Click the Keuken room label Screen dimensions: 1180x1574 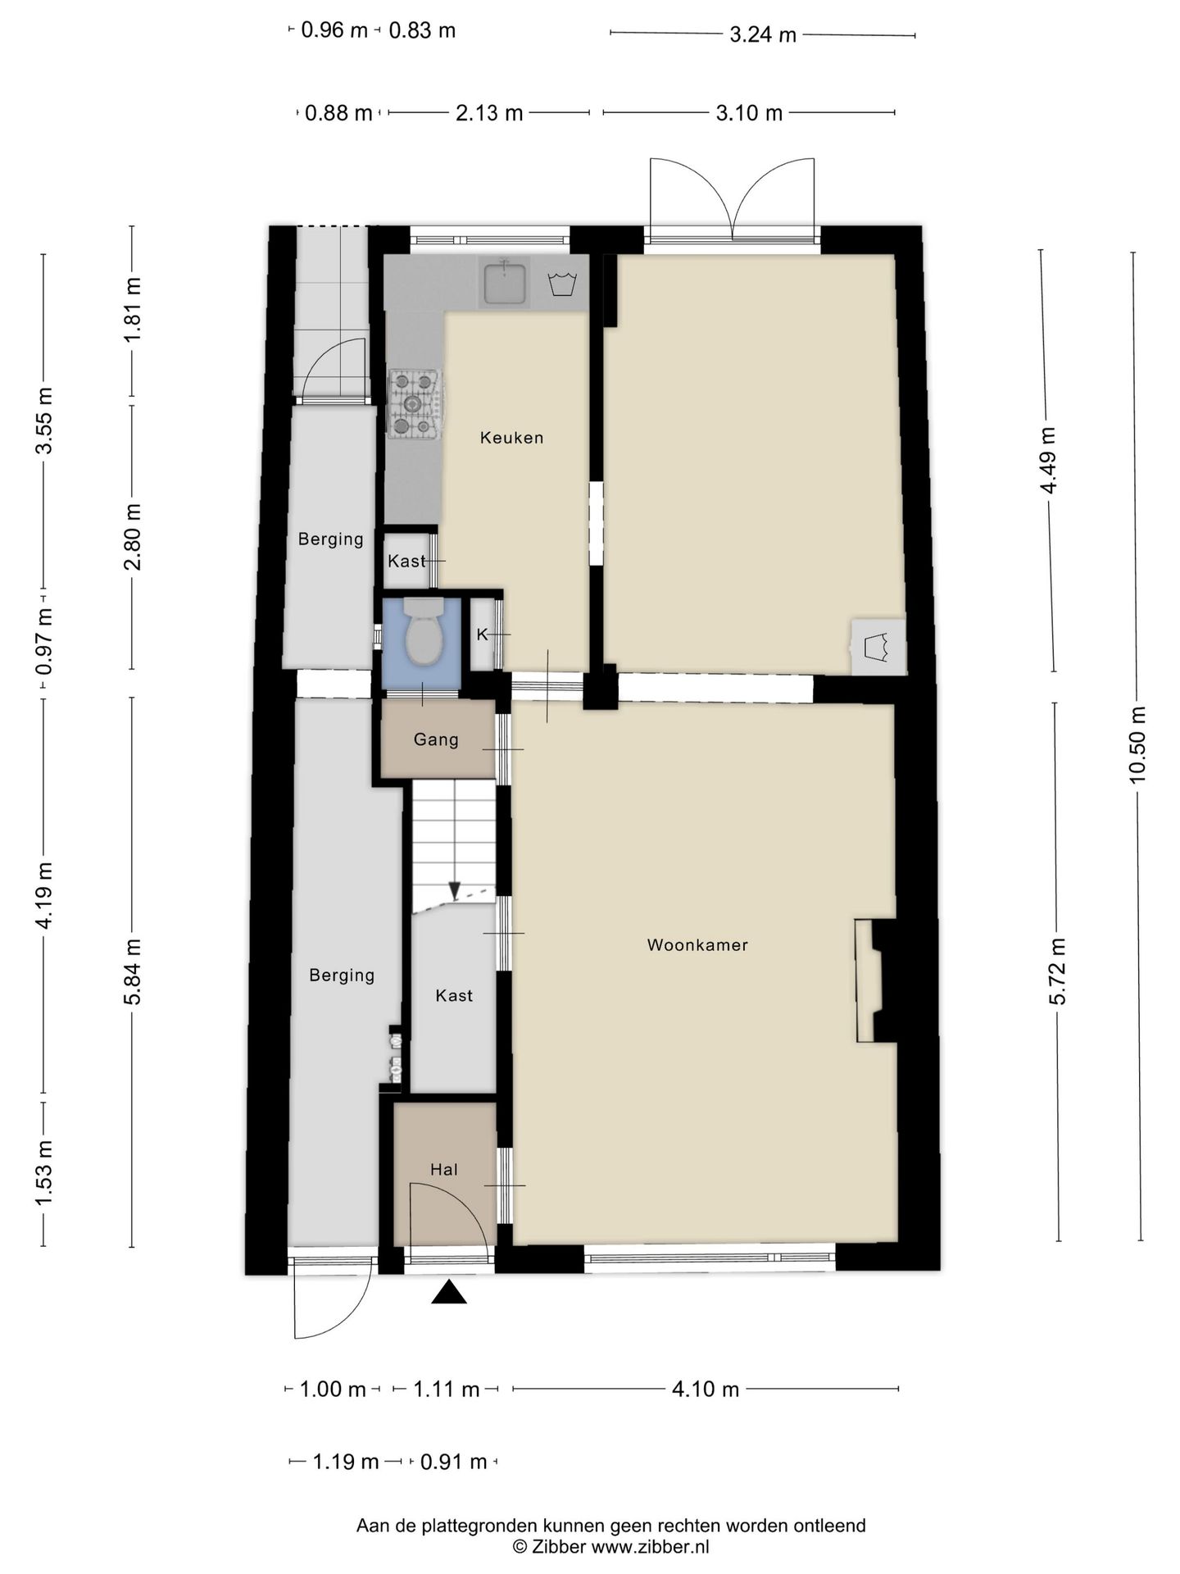point(511,438)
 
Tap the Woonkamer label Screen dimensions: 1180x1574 point(697,944)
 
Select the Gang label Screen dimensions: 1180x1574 point(436,739)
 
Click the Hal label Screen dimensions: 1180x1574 point(444,1169)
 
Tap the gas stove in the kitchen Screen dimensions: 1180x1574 point(415,403)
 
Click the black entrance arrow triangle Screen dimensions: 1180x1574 point(448,1293)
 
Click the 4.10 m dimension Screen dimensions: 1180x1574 point(706,1389)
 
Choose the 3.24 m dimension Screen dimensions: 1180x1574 point(763,34)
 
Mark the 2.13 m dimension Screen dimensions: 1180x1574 point(489,112)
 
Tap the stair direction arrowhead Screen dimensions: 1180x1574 point(454,891)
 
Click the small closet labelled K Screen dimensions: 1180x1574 point(482,635)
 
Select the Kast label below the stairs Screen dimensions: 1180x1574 point(454,995)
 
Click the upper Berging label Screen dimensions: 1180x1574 point(330,539)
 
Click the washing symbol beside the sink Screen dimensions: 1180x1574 point(561,284)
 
